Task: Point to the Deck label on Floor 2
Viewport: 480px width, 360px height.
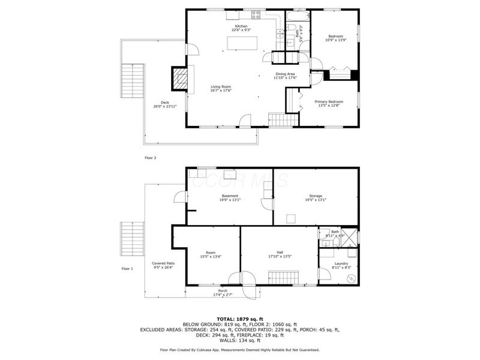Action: [164, 102]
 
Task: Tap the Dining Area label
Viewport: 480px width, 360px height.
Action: [285, 74]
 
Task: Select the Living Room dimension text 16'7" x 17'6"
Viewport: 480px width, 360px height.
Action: [221, 91]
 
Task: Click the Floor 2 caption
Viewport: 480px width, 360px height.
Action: [150, 158]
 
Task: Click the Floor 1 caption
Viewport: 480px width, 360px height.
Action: [127, 268]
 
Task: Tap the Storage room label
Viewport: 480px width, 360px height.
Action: [316, 196]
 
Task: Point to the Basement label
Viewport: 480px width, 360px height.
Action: [230, 196]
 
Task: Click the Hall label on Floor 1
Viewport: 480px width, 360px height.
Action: [280, 252]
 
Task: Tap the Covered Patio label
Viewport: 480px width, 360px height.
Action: [163, 263]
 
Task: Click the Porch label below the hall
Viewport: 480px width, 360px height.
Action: [223, 291]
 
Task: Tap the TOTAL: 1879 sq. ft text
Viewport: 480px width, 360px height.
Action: [240, 319]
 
